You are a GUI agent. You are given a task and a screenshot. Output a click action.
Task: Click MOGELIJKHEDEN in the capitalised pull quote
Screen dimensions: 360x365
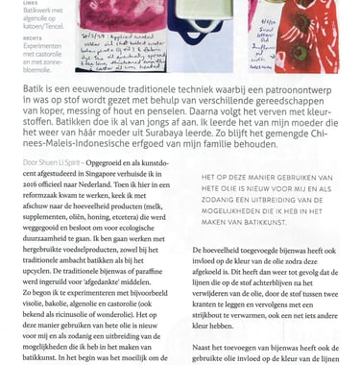point(238,208)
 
